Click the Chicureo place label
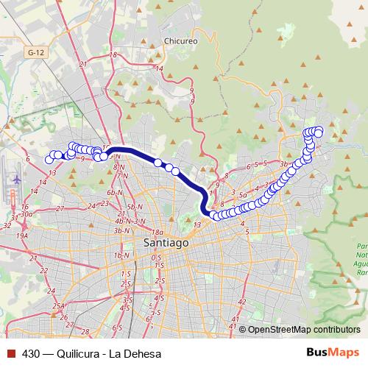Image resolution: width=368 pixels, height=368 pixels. [x=182, y=41]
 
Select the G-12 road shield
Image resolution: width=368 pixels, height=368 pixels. [x=33, y=53]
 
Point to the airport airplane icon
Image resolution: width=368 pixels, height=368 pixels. [x=16, y=179]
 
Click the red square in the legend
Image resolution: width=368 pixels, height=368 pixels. [x=10, y=353]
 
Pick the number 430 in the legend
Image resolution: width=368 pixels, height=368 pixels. [x=31, y=353]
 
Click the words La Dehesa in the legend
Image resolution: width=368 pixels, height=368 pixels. [x=135, y=353]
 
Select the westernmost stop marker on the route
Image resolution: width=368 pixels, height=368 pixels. [x=50, y=159]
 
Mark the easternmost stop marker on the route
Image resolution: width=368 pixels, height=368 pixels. [x=319, y=132]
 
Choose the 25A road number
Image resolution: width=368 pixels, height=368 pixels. [x=59, y=305]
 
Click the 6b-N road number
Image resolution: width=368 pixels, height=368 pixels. [x=114, y=192]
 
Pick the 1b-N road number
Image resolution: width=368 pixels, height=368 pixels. [x=121, y=255]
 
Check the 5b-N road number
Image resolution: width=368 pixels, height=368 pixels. [x=134, y=207]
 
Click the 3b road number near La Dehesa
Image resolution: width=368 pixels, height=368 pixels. [x=286, y=163]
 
